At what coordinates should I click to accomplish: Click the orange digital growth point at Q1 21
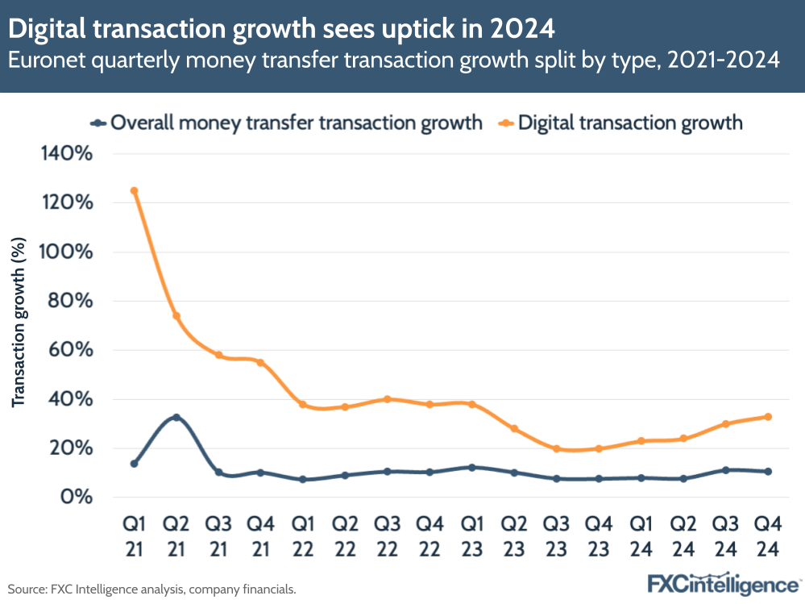[x=135, y=191]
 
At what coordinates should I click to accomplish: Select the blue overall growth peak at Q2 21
[x=176, y=418]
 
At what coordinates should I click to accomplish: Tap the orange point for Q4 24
[x=769, y=417]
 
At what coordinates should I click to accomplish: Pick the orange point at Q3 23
[x=557, y=448]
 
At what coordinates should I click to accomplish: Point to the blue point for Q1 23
[x=472, y=468]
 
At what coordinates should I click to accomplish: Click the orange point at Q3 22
[x=388, y=399]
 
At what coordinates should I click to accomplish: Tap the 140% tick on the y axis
[x=72, y=152]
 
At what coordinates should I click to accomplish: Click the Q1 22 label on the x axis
[x=303, y=535]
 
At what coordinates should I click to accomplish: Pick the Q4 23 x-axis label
[x=599, y=535]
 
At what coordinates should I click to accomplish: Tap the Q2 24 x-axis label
[x=683, y=535]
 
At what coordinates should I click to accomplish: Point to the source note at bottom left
[x=152, y=589]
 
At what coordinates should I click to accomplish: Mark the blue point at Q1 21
[x=135, y=464]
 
